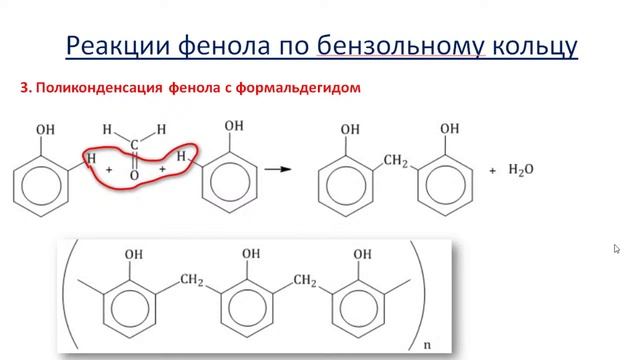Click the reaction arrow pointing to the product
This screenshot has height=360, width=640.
pos(284,169)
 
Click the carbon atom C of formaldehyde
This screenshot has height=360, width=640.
pos(134,146)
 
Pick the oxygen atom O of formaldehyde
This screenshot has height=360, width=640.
pos(134,177)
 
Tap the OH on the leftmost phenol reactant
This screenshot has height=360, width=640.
pos(46,130)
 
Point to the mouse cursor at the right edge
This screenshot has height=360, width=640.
pos(617,249)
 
